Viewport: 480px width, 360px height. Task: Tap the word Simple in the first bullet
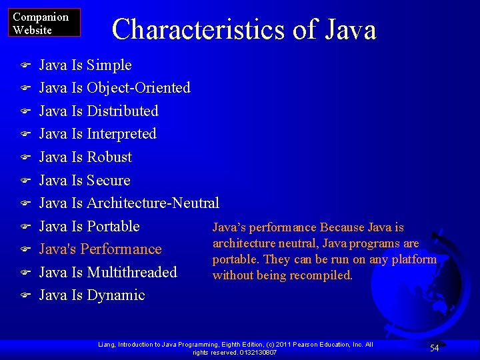coord(109,65)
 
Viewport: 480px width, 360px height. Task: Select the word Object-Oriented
coord(139,88)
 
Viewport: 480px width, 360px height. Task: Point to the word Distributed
coord(123,111)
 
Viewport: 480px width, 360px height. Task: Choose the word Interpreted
coord(121,134)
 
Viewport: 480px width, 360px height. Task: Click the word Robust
coord(109,157)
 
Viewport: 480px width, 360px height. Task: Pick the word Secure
coord(109,181)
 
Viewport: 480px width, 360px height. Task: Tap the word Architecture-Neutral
coord(153,203)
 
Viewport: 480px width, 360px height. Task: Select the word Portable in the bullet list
coord(113,226)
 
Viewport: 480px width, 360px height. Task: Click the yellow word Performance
coord(124,249)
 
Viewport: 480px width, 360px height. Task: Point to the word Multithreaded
coord(132,272)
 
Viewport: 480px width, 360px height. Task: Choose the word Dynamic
coord(116,295)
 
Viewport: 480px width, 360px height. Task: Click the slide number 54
coord(434,348)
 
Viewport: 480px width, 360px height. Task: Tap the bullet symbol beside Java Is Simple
coord(25,66)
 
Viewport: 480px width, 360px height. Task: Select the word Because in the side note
coord(341,228)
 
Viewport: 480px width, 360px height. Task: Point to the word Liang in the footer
coord(107,345)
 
